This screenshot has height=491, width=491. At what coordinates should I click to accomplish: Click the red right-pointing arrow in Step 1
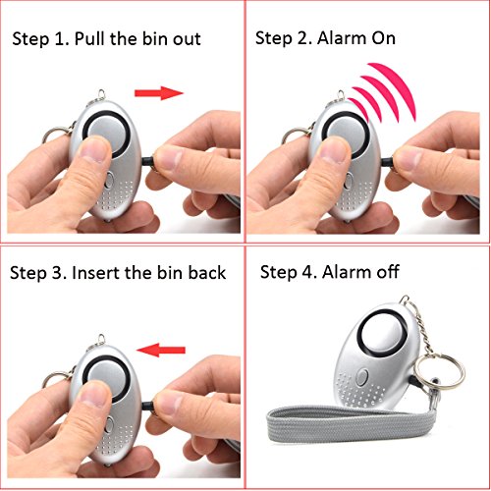coord(159,93)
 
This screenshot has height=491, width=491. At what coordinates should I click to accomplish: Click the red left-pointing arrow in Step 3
coord(161,350)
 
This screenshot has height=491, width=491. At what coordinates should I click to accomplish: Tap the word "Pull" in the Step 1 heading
coord(90,38)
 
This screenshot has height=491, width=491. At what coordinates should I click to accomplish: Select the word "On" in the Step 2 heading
coord(383,38)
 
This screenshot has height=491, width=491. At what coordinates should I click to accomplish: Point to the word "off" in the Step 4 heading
coord(388,272)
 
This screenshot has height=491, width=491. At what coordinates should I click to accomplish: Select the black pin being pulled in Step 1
coord(149,161)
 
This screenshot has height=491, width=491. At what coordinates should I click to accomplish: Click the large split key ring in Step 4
coord(439,371)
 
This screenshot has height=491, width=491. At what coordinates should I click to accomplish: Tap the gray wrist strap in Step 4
coord(351,425)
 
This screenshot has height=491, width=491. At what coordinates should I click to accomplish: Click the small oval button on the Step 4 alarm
coord(361,377)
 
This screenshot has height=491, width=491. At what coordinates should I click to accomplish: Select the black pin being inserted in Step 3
coord(148,407)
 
